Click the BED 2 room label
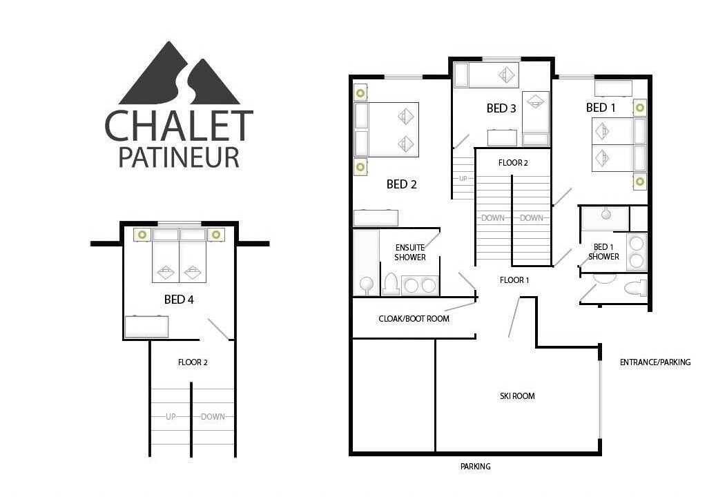401,184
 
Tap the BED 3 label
501,108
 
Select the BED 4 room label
179,300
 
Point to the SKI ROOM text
517,396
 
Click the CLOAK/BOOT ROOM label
414,319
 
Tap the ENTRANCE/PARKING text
655,362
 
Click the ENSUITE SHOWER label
410,253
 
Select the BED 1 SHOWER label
603,252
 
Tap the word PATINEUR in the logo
179,157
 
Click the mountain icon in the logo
179,73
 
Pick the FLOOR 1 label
514,280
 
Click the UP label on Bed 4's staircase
171,417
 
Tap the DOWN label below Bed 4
213,417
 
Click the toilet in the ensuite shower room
390,284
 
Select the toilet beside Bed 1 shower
635,288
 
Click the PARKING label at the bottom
475,467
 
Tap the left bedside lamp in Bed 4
142,235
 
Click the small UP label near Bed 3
463,179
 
